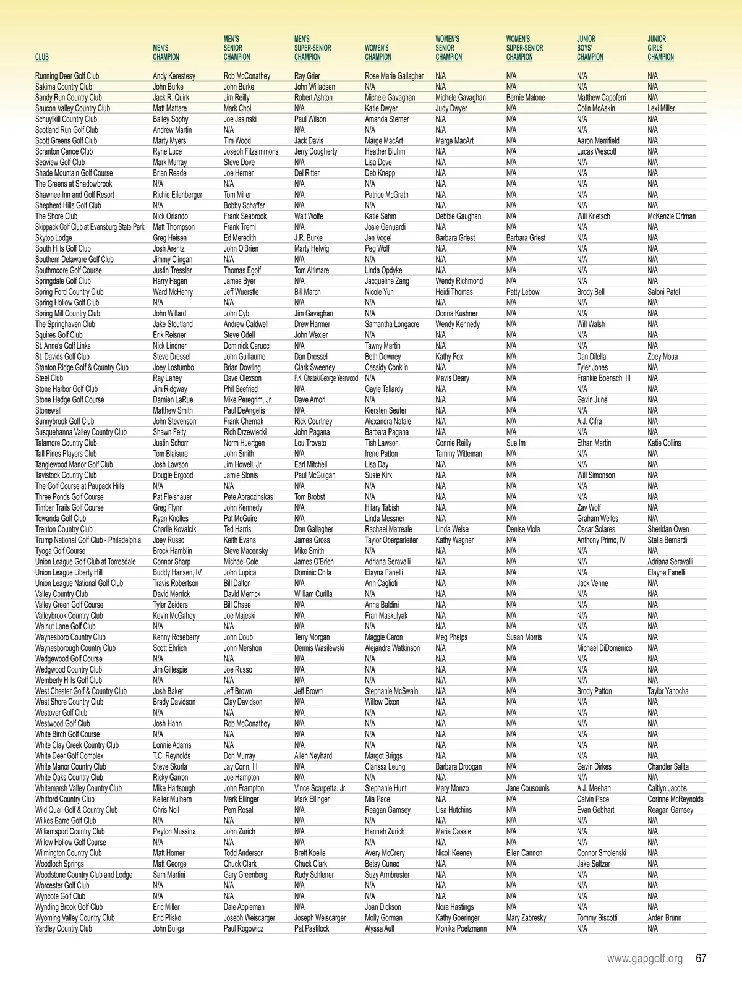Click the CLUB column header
(42, 57)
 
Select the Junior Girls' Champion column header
(660, 48)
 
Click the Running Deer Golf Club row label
(67, 76)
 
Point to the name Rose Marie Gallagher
(394, 76)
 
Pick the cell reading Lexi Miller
(661, 108)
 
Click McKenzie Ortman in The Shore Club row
(671, 216)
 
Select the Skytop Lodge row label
(54, 238)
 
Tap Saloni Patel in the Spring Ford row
(664, 292)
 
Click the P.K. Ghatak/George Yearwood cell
(326, 378)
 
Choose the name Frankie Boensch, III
(603, 378)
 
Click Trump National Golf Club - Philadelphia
(88, 540)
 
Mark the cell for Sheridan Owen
(668, 529)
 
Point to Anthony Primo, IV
(601, 540)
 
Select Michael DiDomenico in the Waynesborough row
(604, 648)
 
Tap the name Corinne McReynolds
(675, 799)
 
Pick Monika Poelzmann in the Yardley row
(461, 928)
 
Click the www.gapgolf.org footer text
(645, 959)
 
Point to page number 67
(701, 959)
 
